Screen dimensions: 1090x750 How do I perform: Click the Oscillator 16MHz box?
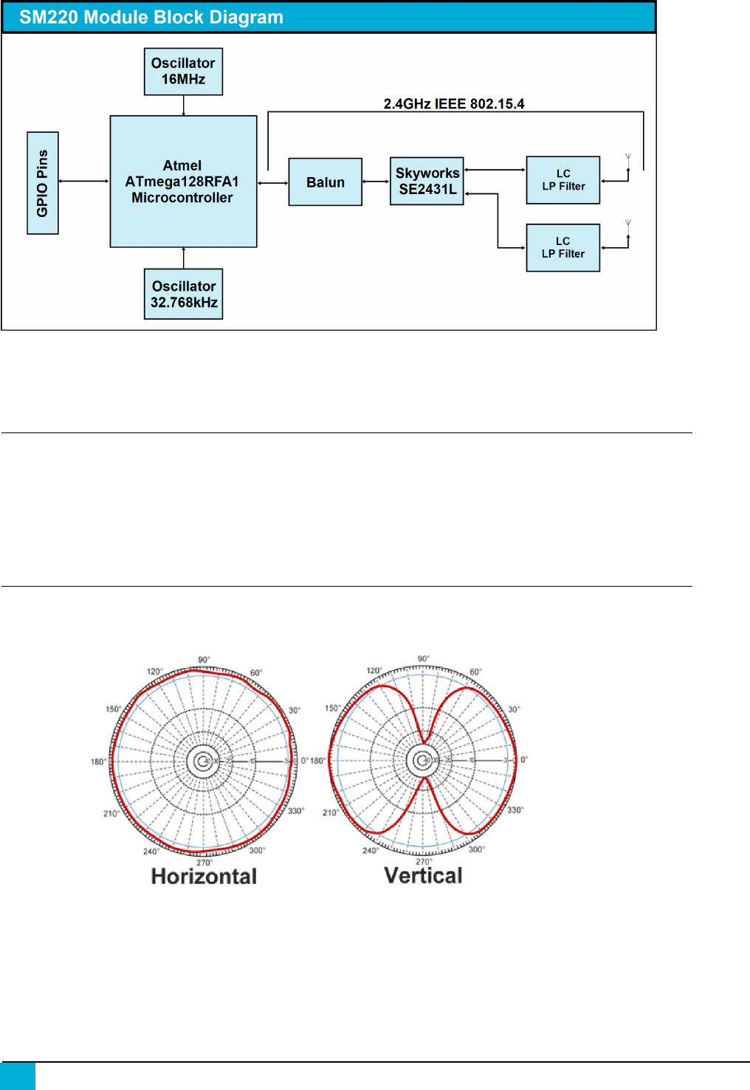183,72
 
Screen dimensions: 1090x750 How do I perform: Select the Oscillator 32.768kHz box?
183,294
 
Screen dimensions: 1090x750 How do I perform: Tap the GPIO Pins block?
43,183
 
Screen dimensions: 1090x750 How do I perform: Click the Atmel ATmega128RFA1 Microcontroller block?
183,182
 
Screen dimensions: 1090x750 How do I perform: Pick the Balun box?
325,182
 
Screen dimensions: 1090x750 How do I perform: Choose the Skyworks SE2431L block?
427,181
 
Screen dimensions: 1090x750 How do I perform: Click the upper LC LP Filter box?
562,180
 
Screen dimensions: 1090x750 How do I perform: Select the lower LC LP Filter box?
562,248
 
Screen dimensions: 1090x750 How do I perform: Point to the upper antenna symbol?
628,158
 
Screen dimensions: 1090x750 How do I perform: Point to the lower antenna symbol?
628,224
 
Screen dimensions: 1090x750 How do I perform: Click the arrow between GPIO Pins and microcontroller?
83,181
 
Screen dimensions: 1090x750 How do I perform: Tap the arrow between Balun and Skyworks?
376,182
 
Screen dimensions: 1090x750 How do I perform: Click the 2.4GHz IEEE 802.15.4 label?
453,104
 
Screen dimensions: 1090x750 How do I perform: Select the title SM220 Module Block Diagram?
151,18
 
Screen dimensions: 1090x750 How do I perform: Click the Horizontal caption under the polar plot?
204,876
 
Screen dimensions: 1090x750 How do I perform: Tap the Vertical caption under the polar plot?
423,875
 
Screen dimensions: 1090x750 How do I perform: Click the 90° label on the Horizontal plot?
204,660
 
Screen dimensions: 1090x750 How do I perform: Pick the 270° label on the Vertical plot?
424,861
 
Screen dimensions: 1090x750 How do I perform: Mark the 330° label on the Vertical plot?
515,810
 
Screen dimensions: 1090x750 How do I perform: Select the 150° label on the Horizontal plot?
113,709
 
